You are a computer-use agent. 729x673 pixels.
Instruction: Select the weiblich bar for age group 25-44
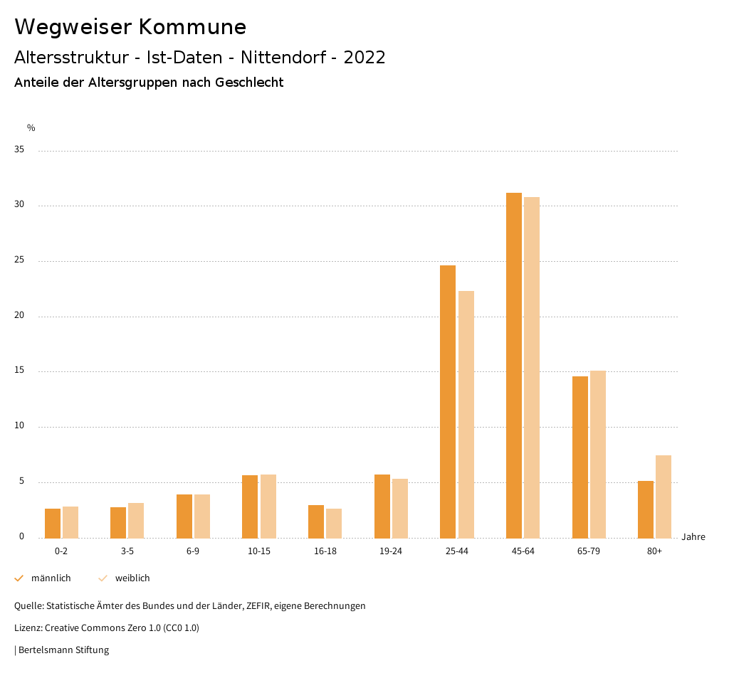[x=466, y=414]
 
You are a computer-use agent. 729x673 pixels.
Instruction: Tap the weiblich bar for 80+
[x=664, y=497]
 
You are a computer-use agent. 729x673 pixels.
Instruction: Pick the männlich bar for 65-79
[x=580, y=457]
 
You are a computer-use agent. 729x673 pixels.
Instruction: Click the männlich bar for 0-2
[x=53, y=523]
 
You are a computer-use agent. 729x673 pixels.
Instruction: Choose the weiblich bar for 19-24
[x=400, y=508]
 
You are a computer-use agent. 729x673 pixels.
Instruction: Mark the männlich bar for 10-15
[x=250, y=507]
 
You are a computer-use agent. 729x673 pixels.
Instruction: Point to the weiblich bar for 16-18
[x=334, y=523]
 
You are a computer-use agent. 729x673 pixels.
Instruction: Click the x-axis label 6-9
[x=193, y=551]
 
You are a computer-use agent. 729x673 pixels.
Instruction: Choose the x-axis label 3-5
[x=127, y=551]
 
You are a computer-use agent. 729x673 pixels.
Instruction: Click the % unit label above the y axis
[x=31, y=128]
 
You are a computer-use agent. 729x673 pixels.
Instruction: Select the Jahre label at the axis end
[x=693, y=537]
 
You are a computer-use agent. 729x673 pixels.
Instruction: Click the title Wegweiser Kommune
[x=130, y=27]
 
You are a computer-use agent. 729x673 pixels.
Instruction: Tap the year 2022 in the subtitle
[x=364, y=58]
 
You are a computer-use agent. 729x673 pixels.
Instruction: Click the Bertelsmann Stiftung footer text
[x=63, y=650]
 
